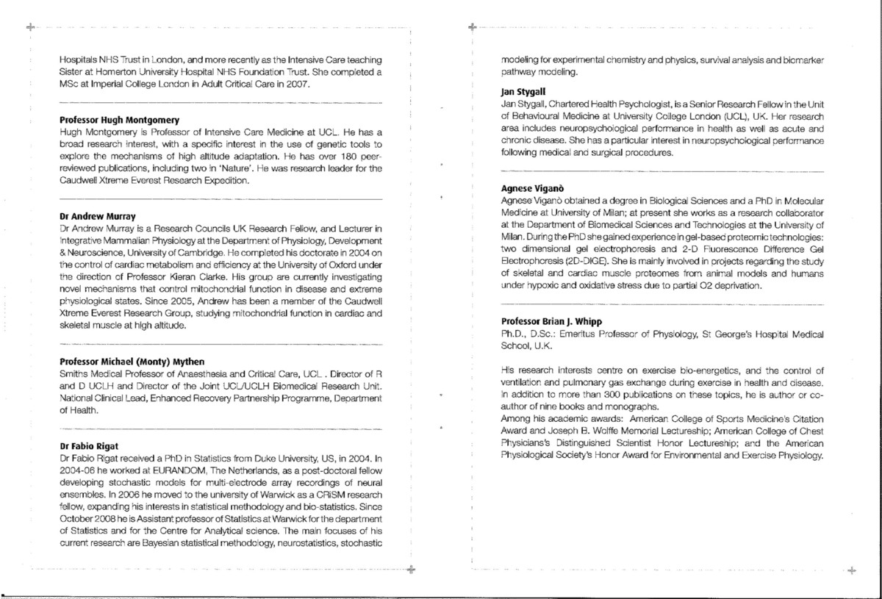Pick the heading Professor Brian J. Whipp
pyautogui.click(x=548, y=321)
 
